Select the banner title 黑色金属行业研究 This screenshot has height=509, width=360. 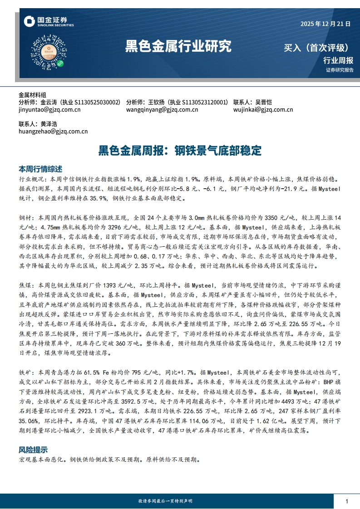[x=178, y=46]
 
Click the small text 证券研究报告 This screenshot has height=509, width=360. [x=340, y=70]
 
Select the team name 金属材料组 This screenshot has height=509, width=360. [x=32, y=95]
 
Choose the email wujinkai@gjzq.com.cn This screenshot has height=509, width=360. [x=263, y=110]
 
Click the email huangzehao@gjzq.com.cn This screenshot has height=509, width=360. [x=53, y=132]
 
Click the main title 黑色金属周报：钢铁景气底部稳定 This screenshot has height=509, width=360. [x=180, y=150]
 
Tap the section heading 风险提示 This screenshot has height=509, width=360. [x=33, y=450]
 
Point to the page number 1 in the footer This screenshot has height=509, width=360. [x=347, y=501]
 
